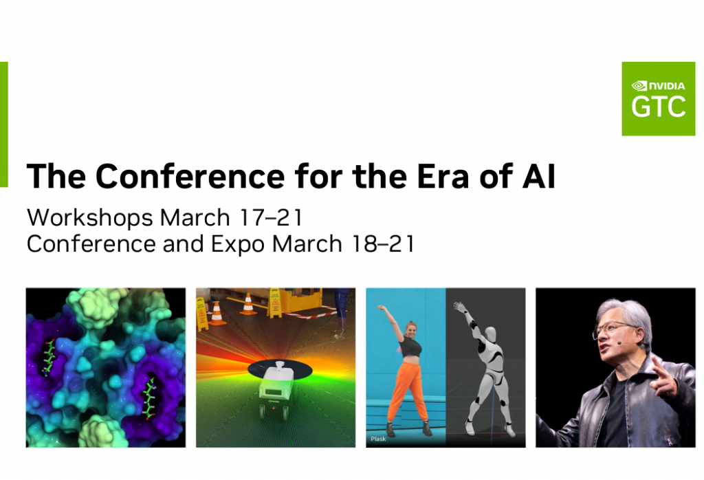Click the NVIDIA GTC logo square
(x=658, y=99)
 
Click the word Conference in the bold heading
(x=190, y=176)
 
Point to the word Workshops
(x=90, y=218)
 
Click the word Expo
(x=237, y=246)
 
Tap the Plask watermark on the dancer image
(x=378, y=439)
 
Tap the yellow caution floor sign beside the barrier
(x=274, y=302)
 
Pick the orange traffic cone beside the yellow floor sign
(x=247, y=304)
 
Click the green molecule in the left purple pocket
(x=49, y=358)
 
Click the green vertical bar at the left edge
(x=3, y=124)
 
